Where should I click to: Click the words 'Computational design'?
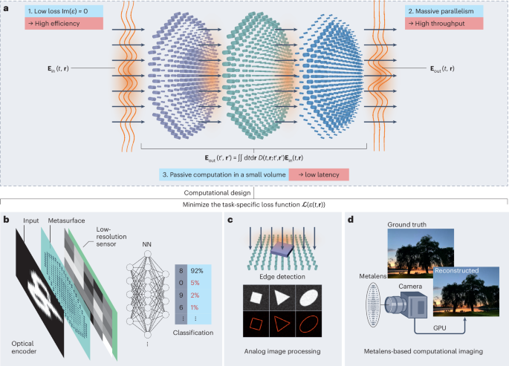point(253,192)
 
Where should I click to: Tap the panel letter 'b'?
point(7,220)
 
